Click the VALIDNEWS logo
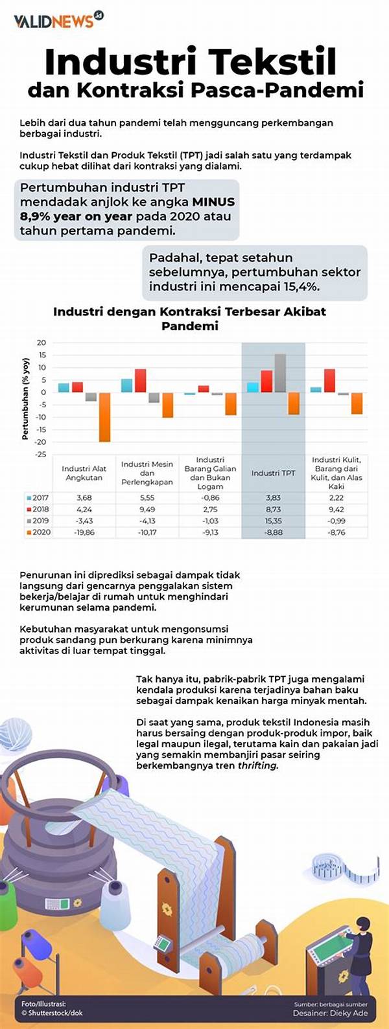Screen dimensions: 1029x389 (x=58, y=21)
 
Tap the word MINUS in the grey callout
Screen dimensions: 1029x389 (x=209, y=202)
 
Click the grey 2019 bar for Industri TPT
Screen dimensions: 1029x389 (x=280, y=373)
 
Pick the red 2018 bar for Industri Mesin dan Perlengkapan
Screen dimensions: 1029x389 (x=140, y=380)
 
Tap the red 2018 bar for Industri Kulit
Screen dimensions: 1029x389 (x=329, y=380)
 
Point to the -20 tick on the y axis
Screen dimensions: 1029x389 (x=41, y=442)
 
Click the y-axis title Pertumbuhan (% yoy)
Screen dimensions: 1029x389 (x=25, y=398)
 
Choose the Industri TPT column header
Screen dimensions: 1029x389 (x=273, y=473)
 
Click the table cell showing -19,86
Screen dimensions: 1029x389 (x=84, y=532)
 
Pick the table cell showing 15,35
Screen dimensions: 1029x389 (x=273, y=521)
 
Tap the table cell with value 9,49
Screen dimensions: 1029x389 (x=147, y=510)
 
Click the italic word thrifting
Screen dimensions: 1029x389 (x=258, y=765)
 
